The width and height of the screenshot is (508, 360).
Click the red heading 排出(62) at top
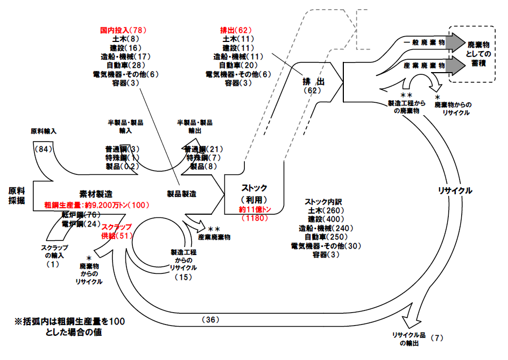point(236,31)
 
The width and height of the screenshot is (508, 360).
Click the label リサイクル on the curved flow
point(455,190)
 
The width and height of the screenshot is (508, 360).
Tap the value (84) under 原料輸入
point(43,148)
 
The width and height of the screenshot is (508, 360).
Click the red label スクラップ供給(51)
point(116,232)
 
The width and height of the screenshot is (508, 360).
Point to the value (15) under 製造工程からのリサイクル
point(183,277)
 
